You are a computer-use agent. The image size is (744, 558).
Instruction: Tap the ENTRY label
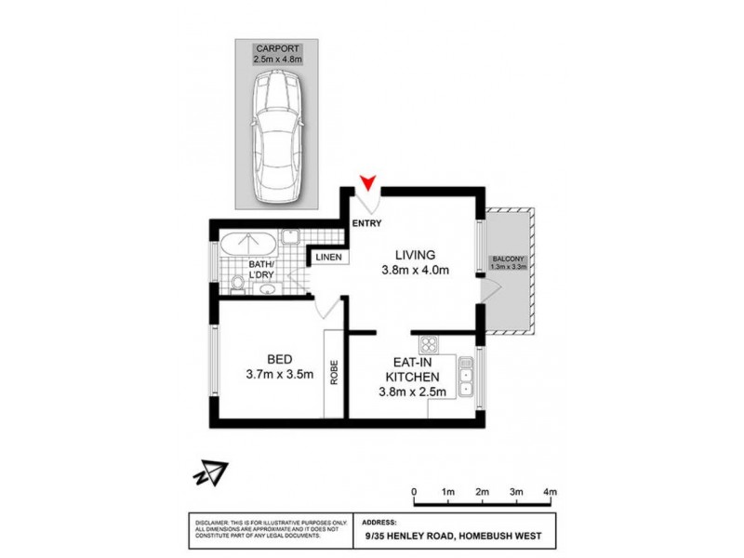pyautogui.click(x=367, y=223)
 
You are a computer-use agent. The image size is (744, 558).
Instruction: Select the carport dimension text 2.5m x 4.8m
pyautogui.click(x=276, y=59)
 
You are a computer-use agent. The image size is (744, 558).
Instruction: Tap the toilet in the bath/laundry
pyautogui.click(x=238, y=282)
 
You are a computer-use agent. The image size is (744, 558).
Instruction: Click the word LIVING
pyautogui.click(x=415, y=254)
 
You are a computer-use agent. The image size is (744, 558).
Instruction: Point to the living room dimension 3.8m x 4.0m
pyautogui.click(x=415, y=272)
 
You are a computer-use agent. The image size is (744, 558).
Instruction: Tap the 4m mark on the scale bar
pyautogui.click(x=550, y=491)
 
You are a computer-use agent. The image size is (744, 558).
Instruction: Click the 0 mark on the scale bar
pyautogui.click(x=414, y=491)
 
